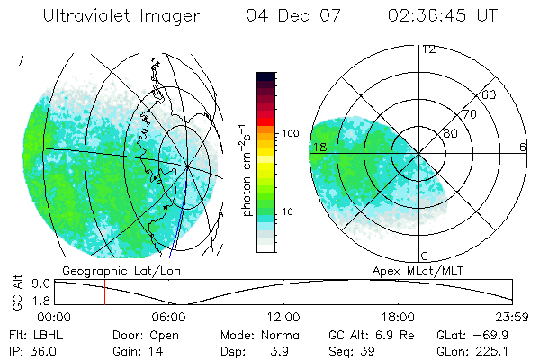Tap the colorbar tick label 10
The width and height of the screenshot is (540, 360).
pos(289,211)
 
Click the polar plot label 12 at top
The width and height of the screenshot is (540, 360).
pos(428,49)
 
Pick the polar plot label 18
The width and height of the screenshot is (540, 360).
pos(318,147)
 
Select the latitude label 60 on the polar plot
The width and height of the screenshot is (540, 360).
pos(490,94)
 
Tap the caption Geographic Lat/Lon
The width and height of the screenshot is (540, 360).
pos(104,270)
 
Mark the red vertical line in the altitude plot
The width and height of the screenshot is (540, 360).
pos(104,292)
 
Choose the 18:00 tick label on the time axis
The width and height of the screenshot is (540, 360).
pos(399,317)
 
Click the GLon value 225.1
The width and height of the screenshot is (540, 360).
pos(503,351)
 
